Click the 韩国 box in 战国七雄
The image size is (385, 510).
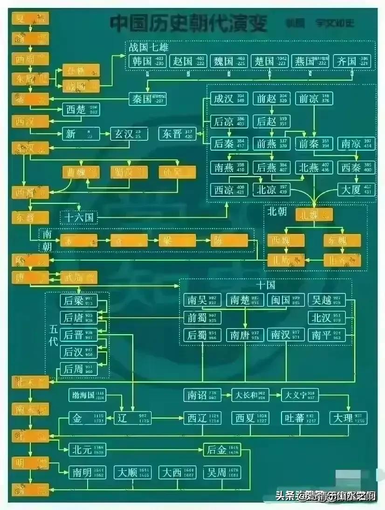tap(145, 62)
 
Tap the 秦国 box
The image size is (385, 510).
tap(147, 98)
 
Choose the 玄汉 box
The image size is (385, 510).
tap(129, 134)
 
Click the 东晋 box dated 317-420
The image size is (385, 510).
tap(178, 134)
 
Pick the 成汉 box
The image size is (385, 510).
tap(228, 99)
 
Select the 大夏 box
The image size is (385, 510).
tap(357, 190)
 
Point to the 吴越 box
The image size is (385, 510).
tap(327, 300)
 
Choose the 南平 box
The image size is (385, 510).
tap(327, 335)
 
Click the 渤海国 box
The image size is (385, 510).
tap(87, 395)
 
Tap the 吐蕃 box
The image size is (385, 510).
tap(299, 418)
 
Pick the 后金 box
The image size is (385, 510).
tap(222, 450)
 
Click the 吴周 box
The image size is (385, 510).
tap(222, 472)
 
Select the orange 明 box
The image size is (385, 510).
tap(30, 463)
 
